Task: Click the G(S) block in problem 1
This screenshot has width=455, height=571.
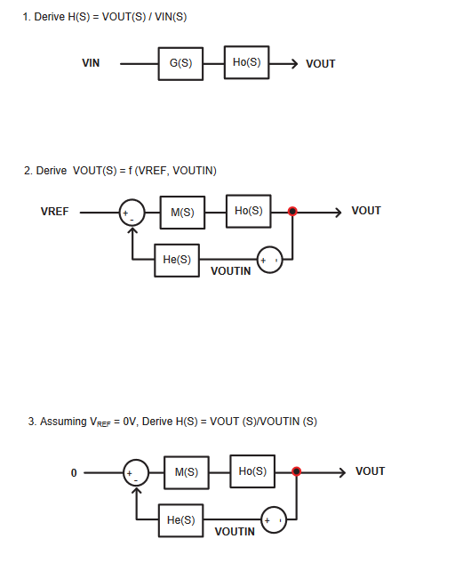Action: point(180,63)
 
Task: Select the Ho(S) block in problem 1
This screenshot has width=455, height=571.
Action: point(246,62)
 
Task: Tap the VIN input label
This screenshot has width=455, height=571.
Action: point(91,63)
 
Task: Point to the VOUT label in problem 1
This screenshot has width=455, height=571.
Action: point(320,64)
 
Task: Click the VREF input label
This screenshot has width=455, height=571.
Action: point(54,212)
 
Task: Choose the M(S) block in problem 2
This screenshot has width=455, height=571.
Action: point(182,213)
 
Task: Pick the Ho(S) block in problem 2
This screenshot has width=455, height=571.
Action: point(248,211)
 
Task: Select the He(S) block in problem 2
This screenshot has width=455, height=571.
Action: point(177,260)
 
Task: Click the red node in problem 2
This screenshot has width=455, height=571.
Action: point(292,212)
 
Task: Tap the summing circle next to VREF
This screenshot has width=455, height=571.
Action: point(132,213)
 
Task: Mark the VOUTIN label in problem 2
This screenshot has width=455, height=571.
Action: point(230,271)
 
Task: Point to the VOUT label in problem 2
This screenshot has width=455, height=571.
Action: point(366,211)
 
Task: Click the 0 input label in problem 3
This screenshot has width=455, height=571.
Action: point(75,472)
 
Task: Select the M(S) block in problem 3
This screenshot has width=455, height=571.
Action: point(186,472)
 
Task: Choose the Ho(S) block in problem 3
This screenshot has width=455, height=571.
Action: point(252,471)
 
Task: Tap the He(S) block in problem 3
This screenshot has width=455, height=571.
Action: point(180,520)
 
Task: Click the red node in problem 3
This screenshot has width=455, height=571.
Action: point(297,471)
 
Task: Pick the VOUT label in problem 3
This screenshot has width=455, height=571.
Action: point(370,471)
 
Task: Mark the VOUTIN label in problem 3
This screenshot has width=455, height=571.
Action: point(235,532)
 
